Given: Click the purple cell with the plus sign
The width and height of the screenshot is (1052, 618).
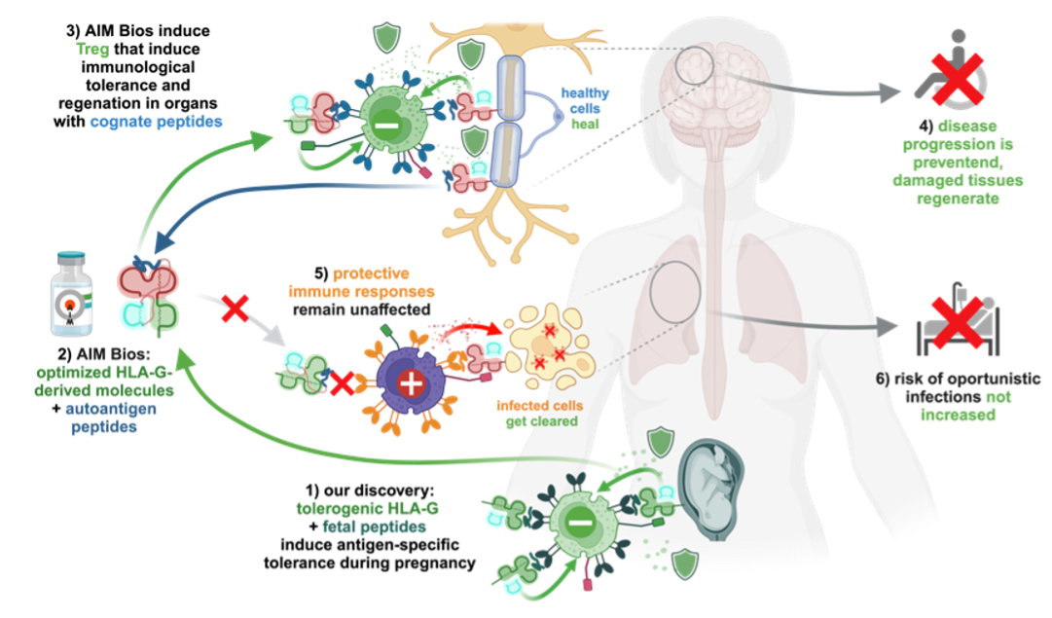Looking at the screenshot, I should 411,382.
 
